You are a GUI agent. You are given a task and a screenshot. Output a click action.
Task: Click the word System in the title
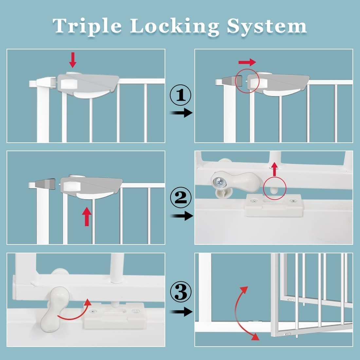tap(267, 26)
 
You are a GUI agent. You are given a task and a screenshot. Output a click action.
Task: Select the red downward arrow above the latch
tap(73, 60)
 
